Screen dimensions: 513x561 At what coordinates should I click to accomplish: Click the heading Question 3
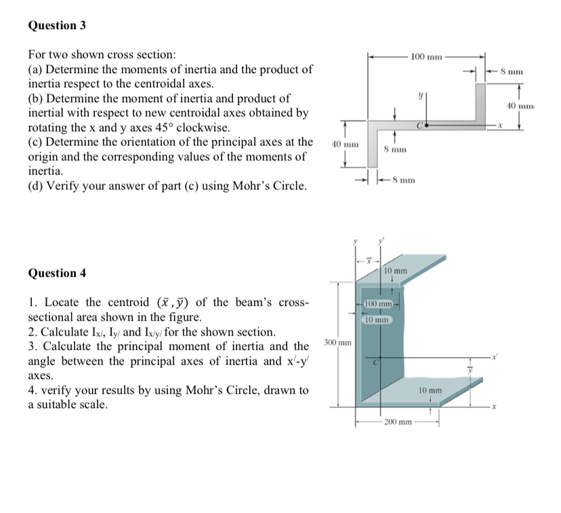[57, 26]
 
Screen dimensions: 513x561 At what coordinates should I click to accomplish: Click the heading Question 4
[57, 273]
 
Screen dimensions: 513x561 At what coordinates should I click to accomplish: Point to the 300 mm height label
[337, 343]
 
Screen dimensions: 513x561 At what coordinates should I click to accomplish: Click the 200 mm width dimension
[398, 422]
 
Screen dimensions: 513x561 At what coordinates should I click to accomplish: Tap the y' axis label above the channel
[381, 241]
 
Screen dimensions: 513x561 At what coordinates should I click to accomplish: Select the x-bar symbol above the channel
[369, 259]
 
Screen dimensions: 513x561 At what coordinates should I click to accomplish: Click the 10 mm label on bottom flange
[430, 391]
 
